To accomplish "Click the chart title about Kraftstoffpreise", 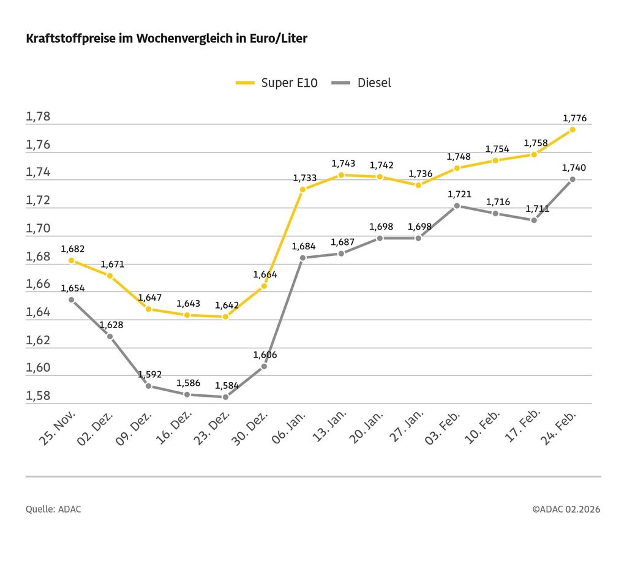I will click(167, 39).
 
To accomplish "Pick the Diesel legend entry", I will click(361, 83).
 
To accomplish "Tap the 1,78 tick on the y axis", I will click(38, 117).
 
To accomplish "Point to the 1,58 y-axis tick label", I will click(38, 396).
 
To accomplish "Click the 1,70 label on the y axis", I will click(38, 228).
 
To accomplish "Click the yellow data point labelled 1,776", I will click(572, 130).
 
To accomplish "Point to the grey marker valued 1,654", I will click(72, 299).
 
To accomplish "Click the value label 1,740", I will click(574, 167).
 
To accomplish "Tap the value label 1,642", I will click(227, 305).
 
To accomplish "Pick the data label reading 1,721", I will click(459, 194).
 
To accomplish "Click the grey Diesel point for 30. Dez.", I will click(264, 366).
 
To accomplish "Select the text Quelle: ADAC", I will click(53, 509).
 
